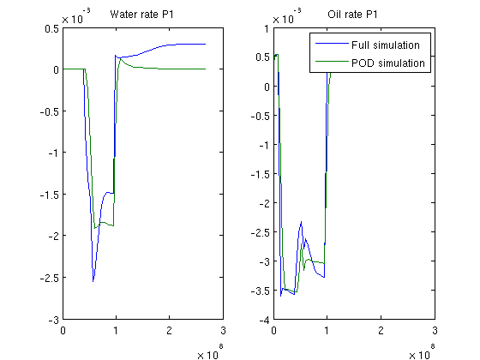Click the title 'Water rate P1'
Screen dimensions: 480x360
[141, 15]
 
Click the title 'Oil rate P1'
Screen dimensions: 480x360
[352, 15]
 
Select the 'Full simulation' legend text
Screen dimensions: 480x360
[386, 45]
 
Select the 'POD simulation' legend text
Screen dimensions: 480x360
[388, 63]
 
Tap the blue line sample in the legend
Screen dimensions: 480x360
[332, 44]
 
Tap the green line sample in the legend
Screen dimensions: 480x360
[332, 62]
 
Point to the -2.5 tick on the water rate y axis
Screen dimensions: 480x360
[50, 278]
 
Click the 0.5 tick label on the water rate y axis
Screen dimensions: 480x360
[51, 28]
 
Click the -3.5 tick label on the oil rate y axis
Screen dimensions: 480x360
[261, 291]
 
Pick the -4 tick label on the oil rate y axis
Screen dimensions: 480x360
[265, 321]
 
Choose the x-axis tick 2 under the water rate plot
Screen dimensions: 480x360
[170, 330]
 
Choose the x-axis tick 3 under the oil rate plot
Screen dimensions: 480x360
[435, 330]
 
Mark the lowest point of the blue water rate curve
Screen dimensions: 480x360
[93, 281]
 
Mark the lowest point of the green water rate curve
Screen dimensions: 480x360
[95, 228]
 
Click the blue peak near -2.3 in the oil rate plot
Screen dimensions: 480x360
[302, 221]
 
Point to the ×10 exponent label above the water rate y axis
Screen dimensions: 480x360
[76, 16]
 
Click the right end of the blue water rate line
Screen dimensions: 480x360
[206, 44]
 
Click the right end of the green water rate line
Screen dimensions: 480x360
[206, 69]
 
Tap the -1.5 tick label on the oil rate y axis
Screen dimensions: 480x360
[261, 174]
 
